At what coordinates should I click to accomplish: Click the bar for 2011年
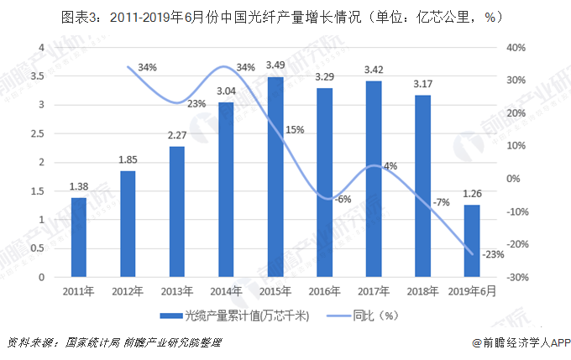click(77, 237)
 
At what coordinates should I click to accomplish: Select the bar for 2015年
click(275, 177)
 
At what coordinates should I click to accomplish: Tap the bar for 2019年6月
click(472, 241)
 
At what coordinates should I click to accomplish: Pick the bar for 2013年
click(176, 211)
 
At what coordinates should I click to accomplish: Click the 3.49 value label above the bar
click(275, 65)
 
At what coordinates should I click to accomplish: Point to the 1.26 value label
click(472, 196)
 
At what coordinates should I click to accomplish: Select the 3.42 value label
click(373, 69)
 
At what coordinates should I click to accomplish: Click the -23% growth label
click(494, 254)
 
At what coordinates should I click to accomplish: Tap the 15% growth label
click(295, 130)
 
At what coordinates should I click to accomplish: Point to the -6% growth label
click(342, 199)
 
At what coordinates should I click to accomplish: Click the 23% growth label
click(196, 104)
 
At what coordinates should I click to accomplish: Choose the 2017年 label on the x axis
click(373, 290)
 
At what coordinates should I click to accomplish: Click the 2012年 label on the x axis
click(127, 290)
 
